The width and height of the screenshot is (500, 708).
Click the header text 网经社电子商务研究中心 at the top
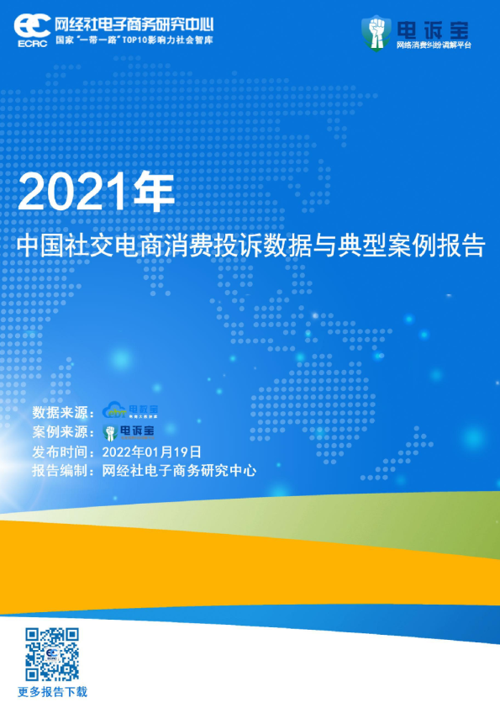point(134,22)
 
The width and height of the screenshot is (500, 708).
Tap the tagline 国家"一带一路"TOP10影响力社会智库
point(134,40)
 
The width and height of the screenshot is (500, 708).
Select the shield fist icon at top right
point(376,33)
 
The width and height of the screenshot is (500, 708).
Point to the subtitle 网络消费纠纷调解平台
point(434,45)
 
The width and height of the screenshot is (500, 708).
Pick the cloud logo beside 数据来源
point(129,411)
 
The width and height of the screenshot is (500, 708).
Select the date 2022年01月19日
point(151,452)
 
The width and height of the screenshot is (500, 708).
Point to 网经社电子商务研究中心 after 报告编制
point(178,471)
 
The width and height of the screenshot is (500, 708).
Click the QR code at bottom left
point(52,653)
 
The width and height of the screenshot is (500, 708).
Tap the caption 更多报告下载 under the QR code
point(52,692)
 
